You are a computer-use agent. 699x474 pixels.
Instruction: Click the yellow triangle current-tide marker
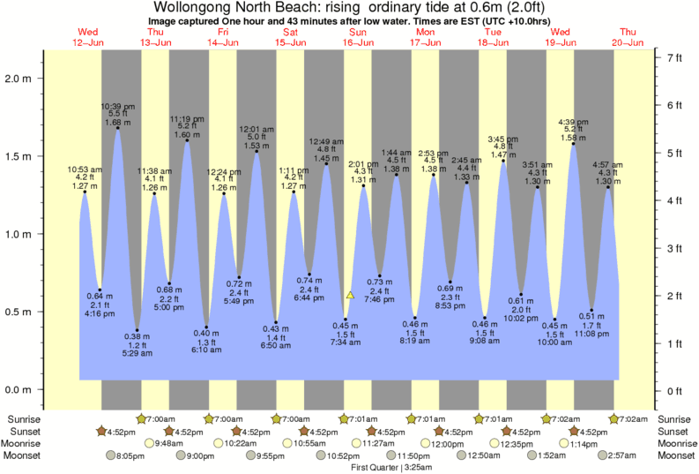(x=350, y=295)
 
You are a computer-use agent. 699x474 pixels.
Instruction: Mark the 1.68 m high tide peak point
(x=118, y=128)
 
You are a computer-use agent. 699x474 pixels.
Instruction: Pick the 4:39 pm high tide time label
(x=574, y=121)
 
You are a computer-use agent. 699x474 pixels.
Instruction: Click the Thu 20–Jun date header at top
(x=630, y=37)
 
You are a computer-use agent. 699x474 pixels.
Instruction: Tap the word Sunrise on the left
(x=24, y=418)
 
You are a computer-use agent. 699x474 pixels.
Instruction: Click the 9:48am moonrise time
(x=168, y=443)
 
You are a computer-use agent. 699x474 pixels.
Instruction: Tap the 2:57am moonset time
(x=621, y=455)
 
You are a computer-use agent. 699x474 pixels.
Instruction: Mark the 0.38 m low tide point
(x=137, y=330)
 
